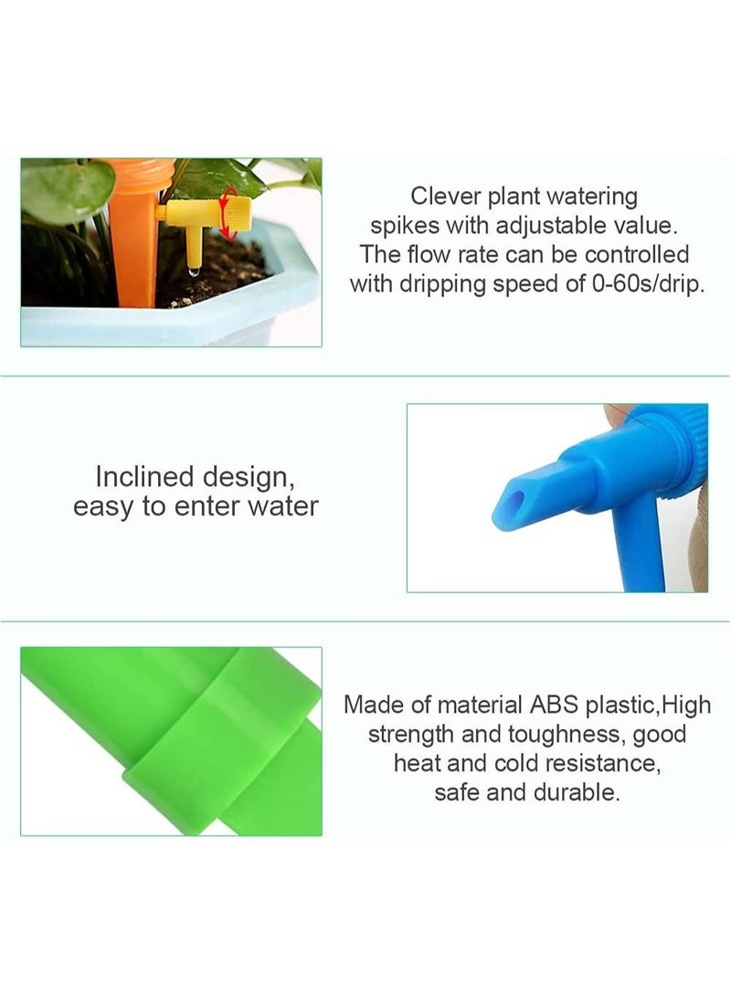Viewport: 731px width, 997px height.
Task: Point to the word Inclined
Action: (145, 476)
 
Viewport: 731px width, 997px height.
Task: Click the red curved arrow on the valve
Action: (229, 214)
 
